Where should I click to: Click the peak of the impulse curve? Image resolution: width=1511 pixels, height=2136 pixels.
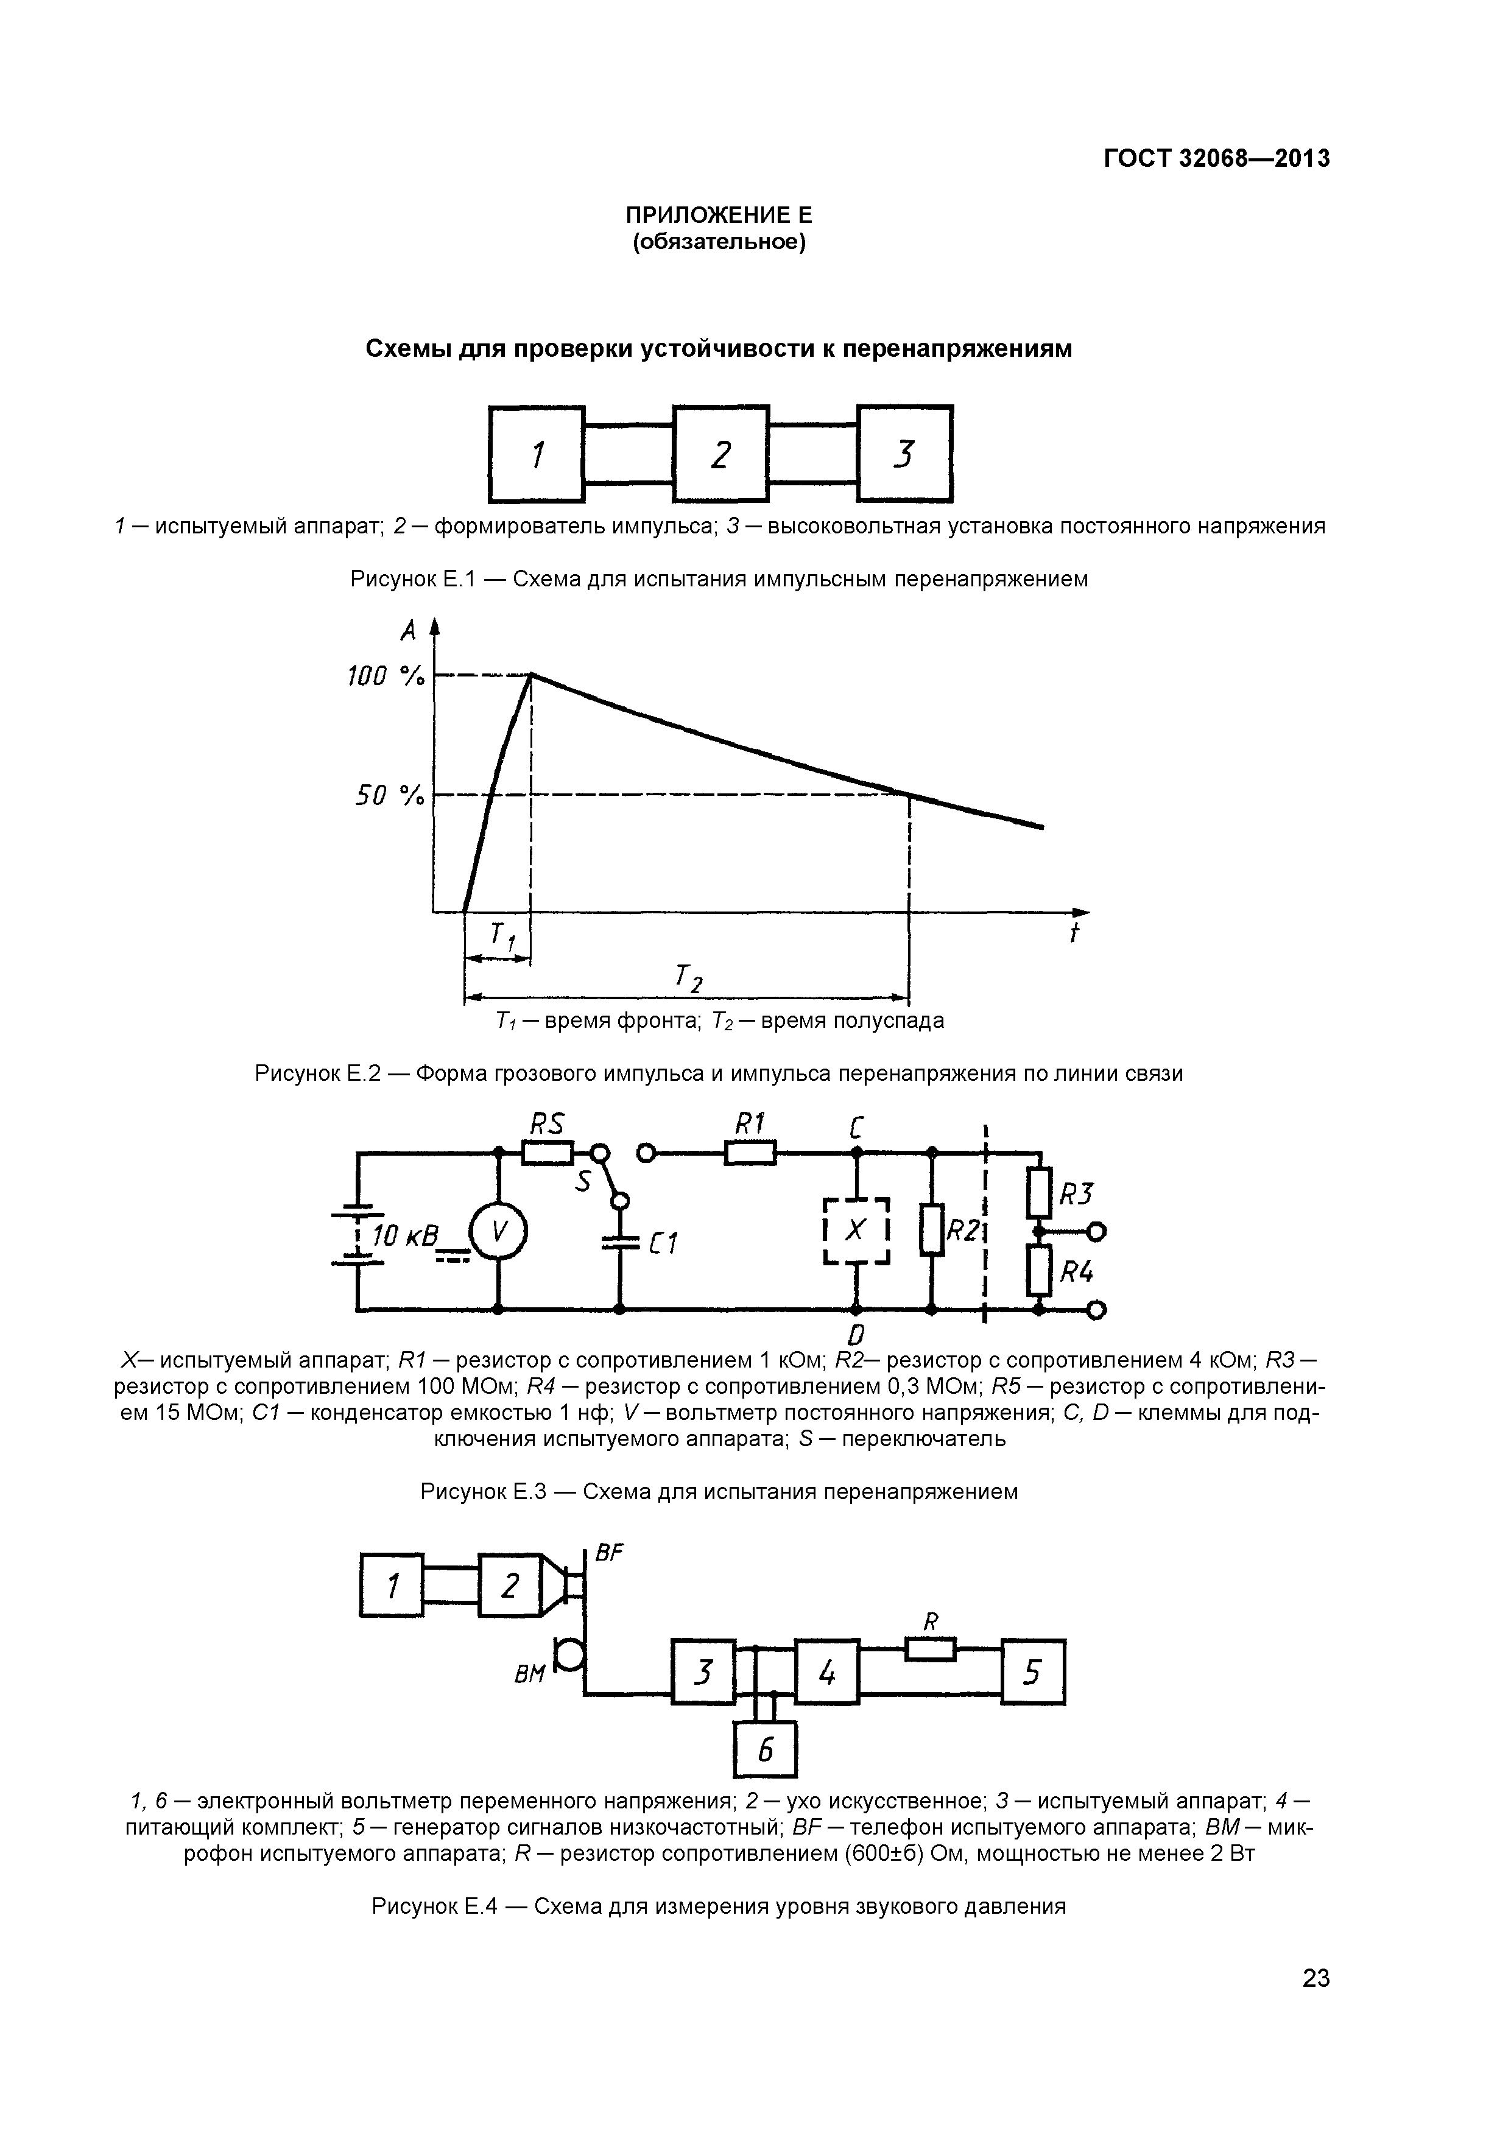coord(530,675)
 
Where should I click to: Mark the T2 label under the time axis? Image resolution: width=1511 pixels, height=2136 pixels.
coord(689,978)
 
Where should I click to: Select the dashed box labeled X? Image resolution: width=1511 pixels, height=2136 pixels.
coord(857,1231)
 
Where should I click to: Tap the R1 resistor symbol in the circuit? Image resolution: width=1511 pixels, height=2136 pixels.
coord(749,1154)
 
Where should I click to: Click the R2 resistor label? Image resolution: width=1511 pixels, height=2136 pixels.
coord(964,1232)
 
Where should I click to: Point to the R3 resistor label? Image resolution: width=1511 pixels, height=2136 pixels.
coord(1077,1193)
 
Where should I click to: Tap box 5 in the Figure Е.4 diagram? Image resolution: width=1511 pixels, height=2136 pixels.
coord(1033,1672)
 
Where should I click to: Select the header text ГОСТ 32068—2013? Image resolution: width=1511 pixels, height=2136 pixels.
coord(1217,159)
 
